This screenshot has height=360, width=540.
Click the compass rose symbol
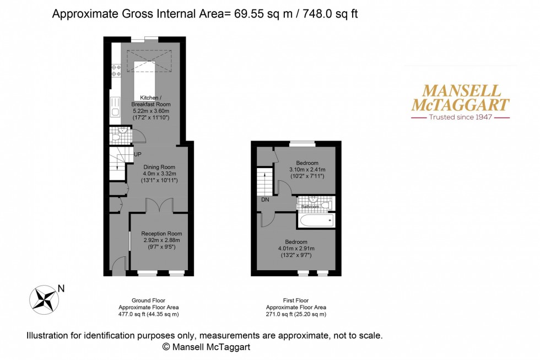click(44, 298)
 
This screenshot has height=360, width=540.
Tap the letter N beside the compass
click(61, 288)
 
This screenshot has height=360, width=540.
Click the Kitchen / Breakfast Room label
click(150, 100)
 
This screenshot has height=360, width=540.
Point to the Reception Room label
click(161, 233)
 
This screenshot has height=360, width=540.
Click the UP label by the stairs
click(137, 154)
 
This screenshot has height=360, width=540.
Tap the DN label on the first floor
click(266, 199)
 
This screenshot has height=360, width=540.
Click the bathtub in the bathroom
click(316, 221)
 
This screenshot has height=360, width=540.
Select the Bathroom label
click(310, 207)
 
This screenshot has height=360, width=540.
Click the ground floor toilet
click(116, 135)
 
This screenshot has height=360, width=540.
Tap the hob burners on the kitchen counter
click(116, 70)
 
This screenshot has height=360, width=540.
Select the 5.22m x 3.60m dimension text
click(150, 111)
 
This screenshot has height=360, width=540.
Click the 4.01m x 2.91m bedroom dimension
click(296, 249)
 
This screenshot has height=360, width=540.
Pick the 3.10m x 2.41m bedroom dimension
click(307, 170)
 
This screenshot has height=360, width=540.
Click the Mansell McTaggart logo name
click(462, 98)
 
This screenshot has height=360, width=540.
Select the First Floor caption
click(296, 300)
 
